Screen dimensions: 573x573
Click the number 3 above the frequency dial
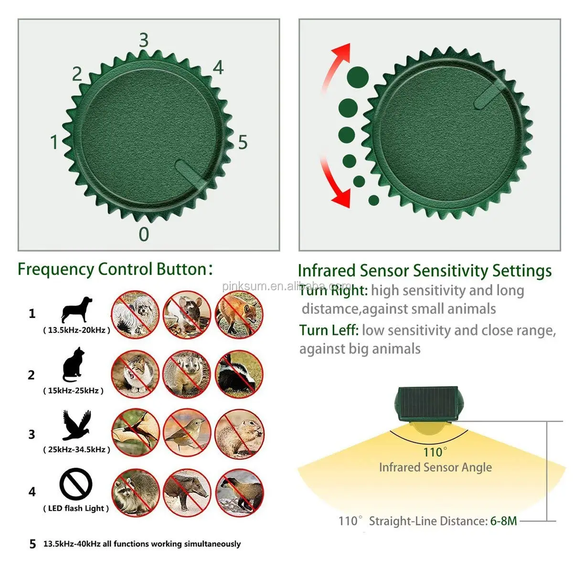144,41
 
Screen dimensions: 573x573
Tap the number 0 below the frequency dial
144,234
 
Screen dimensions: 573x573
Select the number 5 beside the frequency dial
243,142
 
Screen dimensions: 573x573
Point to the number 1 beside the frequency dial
54,142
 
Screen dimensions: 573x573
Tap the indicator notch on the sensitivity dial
490,94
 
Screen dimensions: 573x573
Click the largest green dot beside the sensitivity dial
358,76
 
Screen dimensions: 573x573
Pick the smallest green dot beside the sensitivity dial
374,200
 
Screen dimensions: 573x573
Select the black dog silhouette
76,309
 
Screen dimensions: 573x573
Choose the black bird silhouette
76,424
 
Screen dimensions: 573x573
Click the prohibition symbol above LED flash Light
76,484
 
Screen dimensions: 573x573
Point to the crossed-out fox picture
239,315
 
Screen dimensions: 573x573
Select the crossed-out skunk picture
239,374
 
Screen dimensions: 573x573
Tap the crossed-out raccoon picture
136,492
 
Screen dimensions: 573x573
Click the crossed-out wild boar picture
187,492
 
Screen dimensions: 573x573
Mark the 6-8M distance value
503,521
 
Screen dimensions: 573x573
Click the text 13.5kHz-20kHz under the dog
76,330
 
